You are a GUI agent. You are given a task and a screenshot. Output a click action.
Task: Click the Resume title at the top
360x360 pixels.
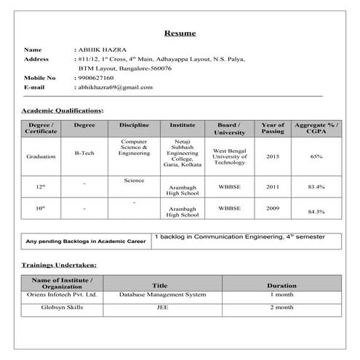(x=180, y=33)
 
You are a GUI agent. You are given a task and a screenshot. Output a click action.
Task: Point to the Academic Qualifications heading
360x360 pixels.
(x=63, y=110)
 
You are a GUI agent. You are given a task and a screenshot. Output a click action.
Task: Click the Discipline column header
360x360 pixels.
(x=134, y=125)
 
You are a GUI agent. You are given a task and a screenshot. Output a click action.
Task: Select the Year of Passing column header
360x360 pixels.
(x=273, y=129)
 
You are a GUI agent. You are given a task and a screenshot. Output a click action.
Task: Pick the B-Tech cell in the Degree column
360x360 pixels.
(x=84, y=153)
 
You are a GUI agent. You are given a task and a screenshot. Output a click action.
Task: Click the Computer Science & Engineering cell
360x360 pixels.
(x=134, y=148)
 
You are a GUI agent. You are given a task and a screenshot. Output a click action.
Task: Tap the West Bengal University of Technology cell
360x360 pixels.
(x=230, y=156)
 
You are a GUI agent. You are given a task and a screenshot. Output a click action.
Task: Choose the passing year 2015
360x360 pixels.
(x=273, y=156)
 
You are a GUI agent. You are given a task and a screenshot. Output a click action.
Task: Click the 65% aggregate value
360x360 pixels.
(x=316, y=156)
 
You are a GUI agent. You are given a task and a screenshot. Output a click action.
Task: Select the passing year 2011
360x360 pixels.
(x=273, y=187)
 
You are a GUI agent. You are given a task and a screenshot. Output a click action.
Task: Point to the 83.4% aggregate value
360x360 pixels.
(x=316, y=187)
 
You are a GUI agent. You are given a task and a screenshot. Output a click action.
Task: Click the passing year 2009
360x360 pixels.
(x=273, y=208)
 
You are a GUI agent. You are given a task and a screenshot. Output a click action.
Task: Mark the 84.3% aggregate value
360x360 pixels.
(x=316, y=211)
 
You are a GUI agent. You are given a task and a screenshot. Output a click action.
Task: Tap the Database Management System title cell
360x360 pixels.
(x=159, y=295)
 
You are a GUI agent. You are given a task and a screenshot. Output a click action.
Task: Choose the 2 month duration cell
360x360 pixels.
(x=281, y=308)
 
